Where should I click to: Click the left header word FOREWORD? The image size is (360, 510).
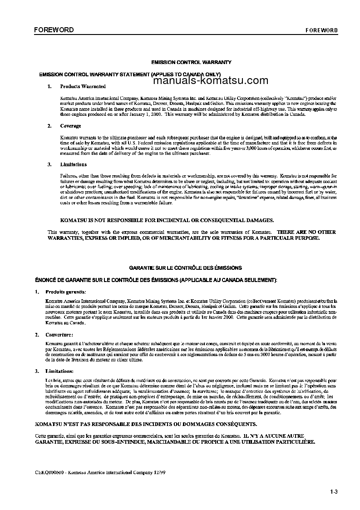point(54,30)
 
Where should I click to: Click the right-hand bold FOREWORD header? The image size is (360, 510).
point(321,30)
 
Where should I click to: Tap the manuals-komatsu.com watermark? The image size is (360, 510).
point(205,81)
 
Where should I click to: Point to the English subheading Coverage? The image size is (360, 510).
point(70,126)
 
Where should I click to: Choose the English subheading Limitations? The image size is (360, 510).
point(73,164)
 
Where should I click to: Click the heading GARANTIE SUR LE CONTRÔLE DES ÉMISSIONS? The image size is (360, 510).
point(185,268)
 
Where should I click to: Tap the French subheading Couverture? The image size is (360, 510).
point(61,335)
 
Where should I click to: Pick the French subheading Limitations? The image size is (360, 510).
point(61,371)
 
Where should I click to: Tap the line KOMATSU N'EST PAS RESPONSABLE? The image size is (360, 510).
point(145,424)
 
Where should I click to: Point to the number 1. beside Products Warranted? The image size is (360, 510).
point(49,86)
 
